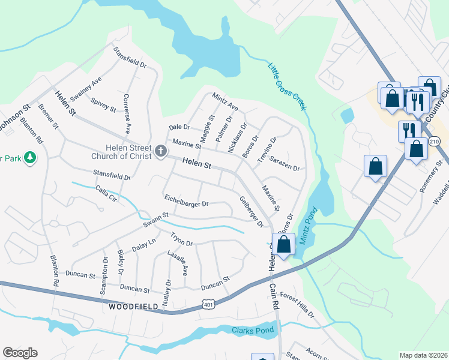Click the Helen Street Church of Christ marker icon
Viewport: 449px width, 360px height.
[x=160, y=152]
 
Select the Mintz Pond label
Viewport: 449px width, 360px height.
[x=307, y=230]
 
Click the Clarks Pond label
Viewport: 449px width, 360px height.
[x=253, y=330]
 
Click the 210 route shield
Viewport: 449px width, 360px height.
[x=435, y=142]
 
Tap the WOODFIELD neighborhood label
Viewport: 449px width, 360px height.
[x=134, y=307]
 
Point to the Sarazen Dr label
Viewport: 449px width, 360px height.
[x=284, y=164]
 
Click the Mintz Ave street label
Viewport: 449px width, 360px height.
[x=225, y=102]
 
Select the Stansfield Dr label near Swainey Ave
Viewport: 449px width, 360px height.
[x=131, y=63]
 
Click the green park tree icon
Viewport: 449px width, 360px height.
[x=29, y=158]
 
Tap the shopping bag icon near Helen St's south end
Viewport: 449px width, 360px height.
[x=284, y=244]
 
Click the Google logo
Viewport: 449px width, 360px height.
[x=20, y=353]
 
